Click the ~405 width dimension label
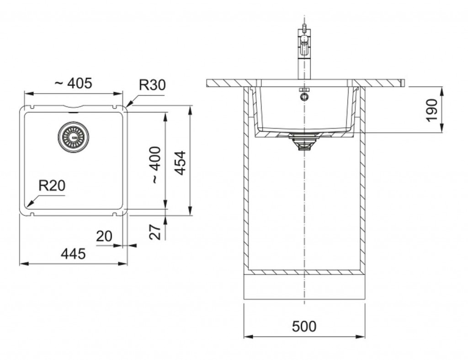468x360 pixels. (73, 83)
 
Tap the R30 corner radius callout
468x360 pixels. (152, 85)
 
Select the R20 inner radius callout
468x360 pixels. (52, 185)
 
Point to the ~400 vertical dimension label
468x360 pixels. (156, 165)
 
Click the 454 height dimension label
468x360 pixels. (181, 163)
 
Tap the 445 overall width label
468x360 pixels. (73, 254)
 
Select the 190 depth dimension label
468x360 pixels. (431, 110)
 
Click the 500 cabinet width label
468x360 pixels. (304, 327)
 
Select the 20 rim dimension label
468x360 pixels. (104, 236)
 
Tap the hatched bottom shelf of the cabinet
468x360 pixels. (304, 272)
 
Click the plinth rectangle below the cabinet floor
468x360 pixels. (304, 287)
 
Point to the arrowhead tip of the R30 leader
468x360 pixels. (128, 106)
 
